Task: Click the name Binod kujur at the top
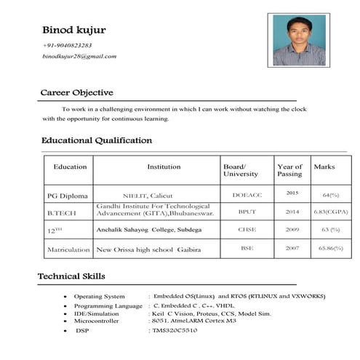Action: [74, 30]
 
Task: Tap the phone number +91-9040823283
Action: [67, 45]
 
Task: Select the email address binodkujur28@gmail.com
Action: [80, 56]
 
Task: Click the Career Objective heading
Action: [76, 93]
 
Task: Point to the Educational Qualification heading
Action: [96, 140]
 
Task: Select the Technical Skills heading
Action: [73, 276]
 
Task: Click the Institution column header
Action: [164, 167]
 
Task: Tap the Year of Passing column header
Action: [289, 170]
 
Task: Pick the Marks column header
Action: [324, 167]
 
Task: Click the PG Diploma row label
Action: [67, 196]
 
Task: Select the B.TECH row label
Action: [60, 212]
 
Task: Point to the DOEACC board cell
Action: [246, 195]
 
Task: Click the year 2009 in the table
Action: [292, 229]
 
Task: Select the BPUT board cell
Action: [247, 212]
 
